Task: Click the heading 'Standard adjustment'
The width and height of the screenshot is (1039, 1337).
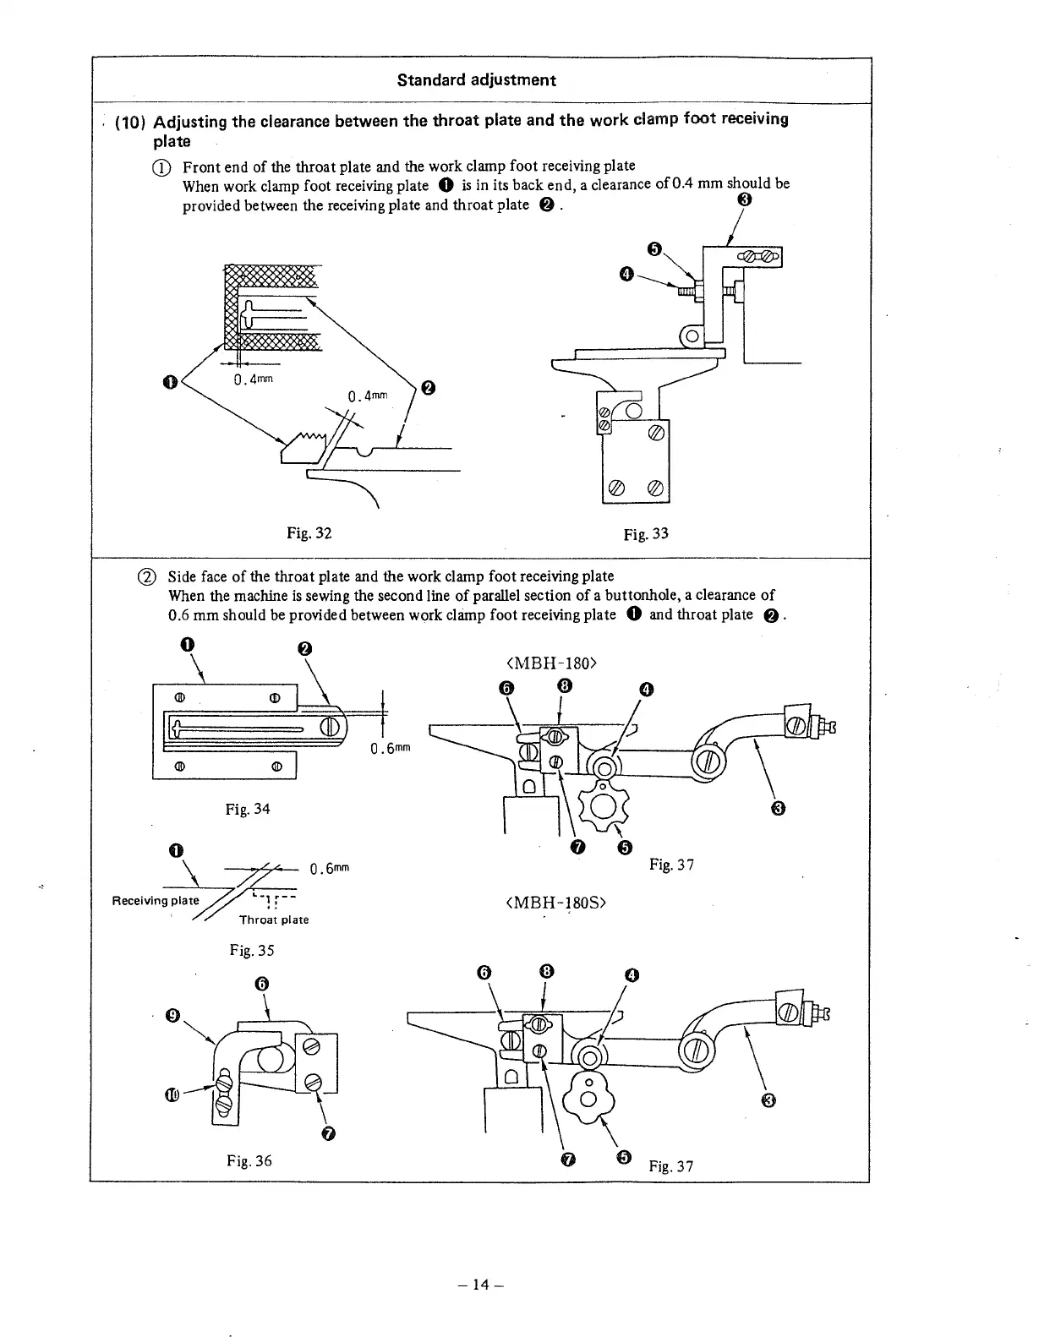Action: pos(476,80)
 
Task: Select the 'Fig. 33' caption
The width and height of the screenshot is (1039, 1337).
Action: pos(645,533)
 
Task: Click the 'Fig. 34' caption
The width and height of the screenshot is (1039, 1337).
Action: pos(248,809)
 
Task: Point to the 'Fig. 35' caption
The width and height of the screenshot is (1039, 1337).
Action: pos(252,950)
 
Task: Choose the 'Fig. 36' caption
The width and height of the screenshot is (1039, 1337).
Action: pos(249,1160)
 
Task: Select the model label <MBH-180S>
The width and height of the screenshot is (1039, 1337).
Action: pos(556,903)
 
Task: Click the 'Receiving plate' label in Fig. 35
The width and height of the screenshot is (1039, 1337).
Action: pos(156,900)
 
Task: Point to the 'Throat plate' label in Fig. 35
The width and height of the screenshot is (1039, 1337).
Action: pos(274,920)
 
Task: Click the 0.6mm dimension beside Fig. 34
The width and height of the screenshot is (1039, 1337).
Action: pos(390,749)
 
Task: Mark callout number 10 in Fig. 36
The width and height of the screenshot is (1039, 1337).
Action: pos(172,1096)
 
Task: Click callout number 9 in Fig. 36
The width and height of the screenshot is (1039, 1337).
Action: pos(172,1015)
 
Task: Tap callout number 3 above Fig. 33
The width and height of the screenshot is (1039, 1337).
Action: pos(743,200)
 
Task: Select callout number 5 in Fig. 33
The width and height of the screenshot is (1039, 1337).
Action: pos(653,248)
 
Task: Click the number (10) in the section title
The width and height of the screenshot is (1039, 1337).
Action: pos(131,122)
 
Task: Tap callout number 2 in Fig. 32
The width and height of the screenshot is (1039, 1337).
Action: pos(428,389)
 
